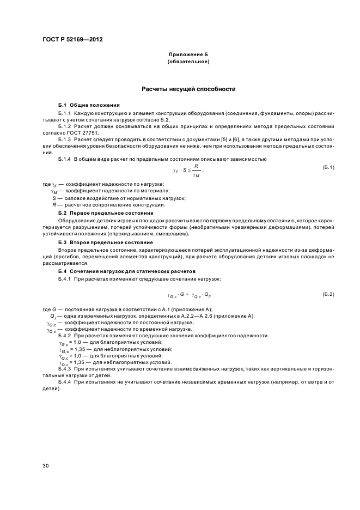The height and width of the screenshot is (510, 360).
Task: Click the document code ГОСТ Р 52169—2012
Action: click(x=74, y=40)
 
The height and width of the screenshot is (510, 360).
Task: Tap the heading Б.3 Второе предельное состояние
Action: click(x=105, y=241)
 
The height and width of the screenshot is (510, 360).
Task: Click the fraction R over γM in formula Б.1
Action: click(x=196, y=171)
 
